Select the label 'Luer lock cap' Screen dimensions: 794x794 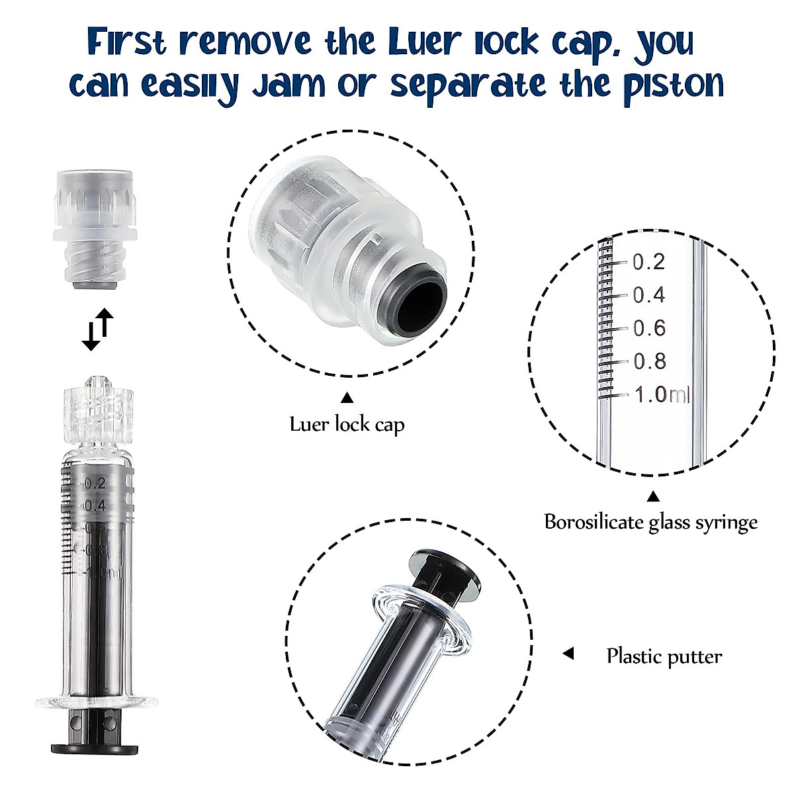(x=347, y=424)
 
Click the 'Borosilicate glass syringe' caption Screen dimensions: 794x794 (x=650, y=522)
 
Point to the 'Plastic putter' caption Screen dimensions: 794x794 (x=664, y=656)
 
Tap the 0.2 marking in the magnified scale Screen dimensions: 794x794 (x=648, y=262)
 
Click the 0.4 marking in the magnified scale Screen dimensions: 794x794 (x=648, y=295)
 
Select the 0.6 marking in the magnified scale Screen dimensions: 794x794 (x=648, y=328)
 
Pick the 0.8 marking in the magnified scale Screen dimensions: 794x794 (x=648, y=361)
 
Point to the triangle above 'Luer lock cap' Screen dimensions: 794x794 (x=347, y=398)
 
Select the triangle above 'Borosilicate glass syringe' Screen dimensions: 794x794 (x=653, y=496)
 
